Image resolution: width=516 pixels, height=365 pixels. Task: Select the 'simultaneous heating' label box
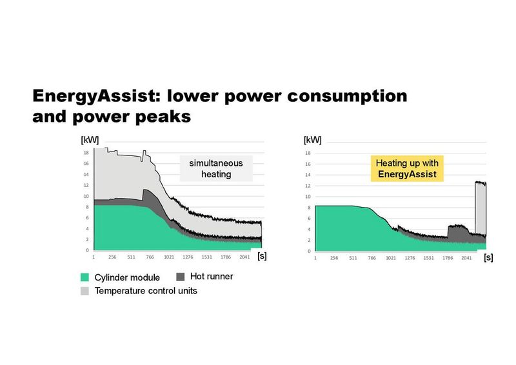(x=215, y=168)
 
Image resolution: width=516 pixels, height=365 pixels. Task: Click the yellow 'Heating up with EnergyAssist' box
(x=406, y=169)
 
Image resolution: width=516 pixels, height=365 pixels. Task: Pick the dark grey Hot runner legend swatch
(x=180, y=277)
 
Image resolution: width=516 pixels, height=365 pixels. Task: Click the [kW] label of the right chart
(x=313, y=140)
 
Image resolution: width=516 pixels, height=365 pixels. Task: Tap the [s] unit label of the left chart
(x=262, y=256)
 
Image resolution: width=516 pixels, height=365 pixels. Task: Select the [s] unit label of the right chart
(x=488, y=257)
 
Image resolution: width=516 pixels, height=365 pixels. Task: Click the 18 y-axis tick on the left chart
(x=86, y=153)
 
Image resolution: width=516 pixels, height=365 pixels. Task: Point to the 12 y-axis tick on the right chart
(x=308, y=186)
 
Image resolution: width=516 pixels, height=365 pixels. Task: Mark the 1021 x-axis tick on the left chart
(x=169, y=257)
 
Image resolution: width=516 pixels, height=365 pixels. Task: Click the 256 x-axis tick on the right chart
(x=333, y=257)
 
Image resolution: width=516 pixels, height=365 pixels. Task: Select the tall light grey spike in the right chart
(x=480, y=206)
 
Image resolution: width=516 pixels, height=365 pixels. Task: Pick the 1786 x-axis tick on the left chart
(x=226, y=257)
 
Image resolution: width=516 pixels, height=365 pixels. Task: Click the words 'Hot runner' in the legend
(x=212, y=277)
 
